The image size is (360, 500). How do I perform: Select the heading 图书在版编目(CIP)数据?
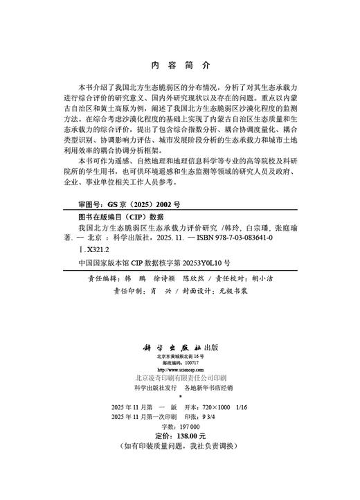point(120,216)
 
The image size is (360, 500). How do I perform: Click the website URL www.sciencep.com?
point(179,370)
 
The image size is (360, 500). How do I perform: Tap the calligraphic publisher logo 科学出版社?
point(168,346)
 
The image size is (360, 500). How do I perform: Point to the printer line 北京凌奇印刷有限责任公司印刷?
point(179,380)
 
